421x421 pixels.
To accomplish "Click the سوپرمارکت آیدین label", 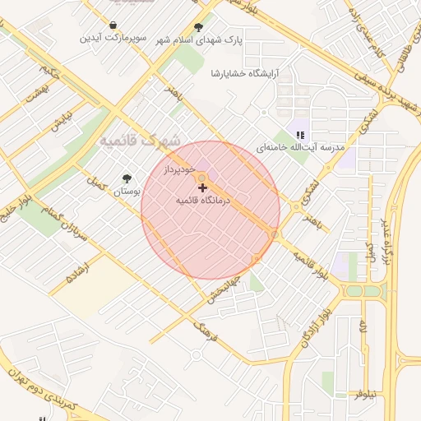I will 113,39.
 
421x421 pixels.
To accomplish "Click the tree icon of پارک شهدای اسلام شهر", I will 198,26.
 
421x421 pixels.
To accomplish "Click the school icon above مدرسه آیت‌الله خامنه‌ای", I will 300,135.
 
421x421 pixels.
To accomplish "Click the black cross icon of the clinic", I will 203,188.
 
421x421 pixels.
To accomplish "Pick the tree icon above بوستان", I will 126,178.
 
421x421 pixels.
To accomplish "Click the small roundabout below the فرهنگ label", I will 196,355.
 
